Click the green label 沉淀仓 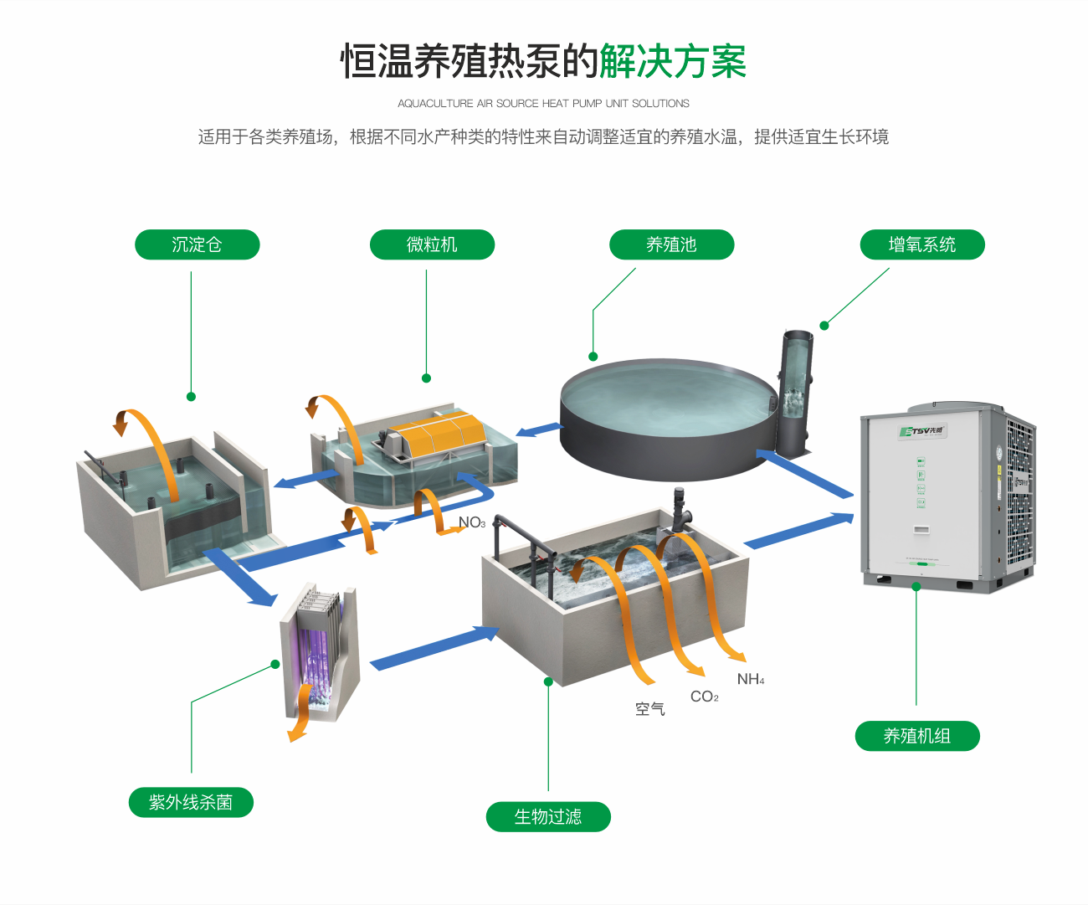coord(198,244)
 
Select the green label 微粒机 coord(432,244)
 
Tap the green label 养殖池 coord(671,244)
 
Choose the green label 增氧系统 coord(922,244)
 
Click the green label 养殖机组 coord(917,736)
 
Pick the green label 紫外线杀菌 coord(191,802)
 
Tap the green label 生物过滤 coord(548,816)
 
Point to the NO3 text coord(472,522)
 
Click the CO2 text coord(704,697)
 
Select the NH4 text coord(751,679)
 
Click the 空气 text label coord(649,709)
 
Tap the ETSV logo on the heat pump coord(921,431)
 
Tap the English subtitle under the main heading coord(543,104)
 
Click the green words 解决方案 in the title coord(672,62)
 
